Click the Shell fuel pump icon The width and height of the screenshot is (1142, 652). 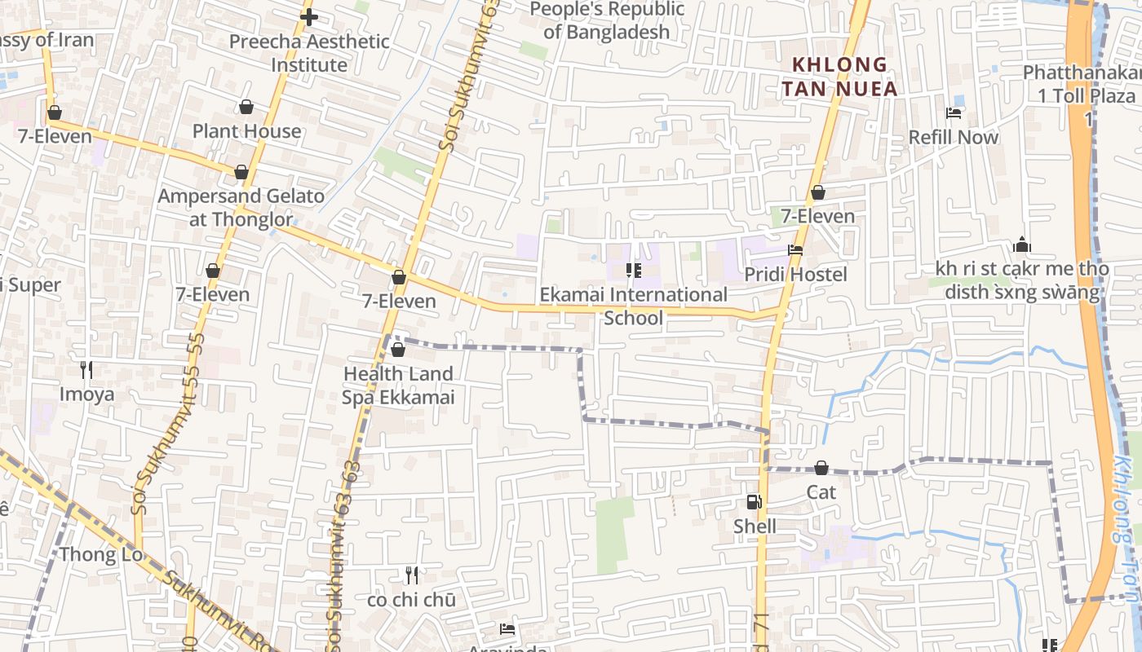click(754, 502)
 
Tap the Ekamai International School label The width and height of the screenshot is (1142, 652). click(633, 306)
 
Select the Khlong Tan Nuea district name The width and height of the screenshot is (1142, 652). click(840, 76)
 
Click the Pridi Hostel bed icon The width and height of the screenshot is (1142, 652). click(795, 250)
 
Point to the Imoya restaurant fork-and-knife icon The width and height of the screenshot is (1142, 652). click(86, 370)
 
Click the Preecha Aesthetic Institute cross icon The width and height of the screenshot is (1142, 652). click(309, 16)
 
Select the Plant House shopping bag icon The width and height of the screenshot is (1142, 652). click(246, 107)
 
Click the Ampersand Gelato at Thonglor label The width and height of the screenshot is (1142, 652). click(241, 207)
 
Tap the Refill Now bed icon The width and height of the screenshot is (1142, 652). click(953, 112)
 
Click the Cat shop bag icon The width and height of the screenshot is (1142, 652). click(821, 468)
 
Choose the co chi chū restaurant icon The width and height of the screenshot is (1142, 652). click(412, 575)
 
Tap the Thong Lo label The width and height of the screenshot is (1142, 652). click(100, 555)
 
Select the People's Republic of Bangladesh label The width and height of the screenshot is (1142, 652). click(607, 20)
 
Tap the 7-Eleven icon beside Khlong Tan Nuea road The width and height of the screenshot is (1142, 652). click(817, 192)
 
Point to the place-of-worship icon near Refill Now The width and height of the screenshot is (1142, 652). click(1022, 244)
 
